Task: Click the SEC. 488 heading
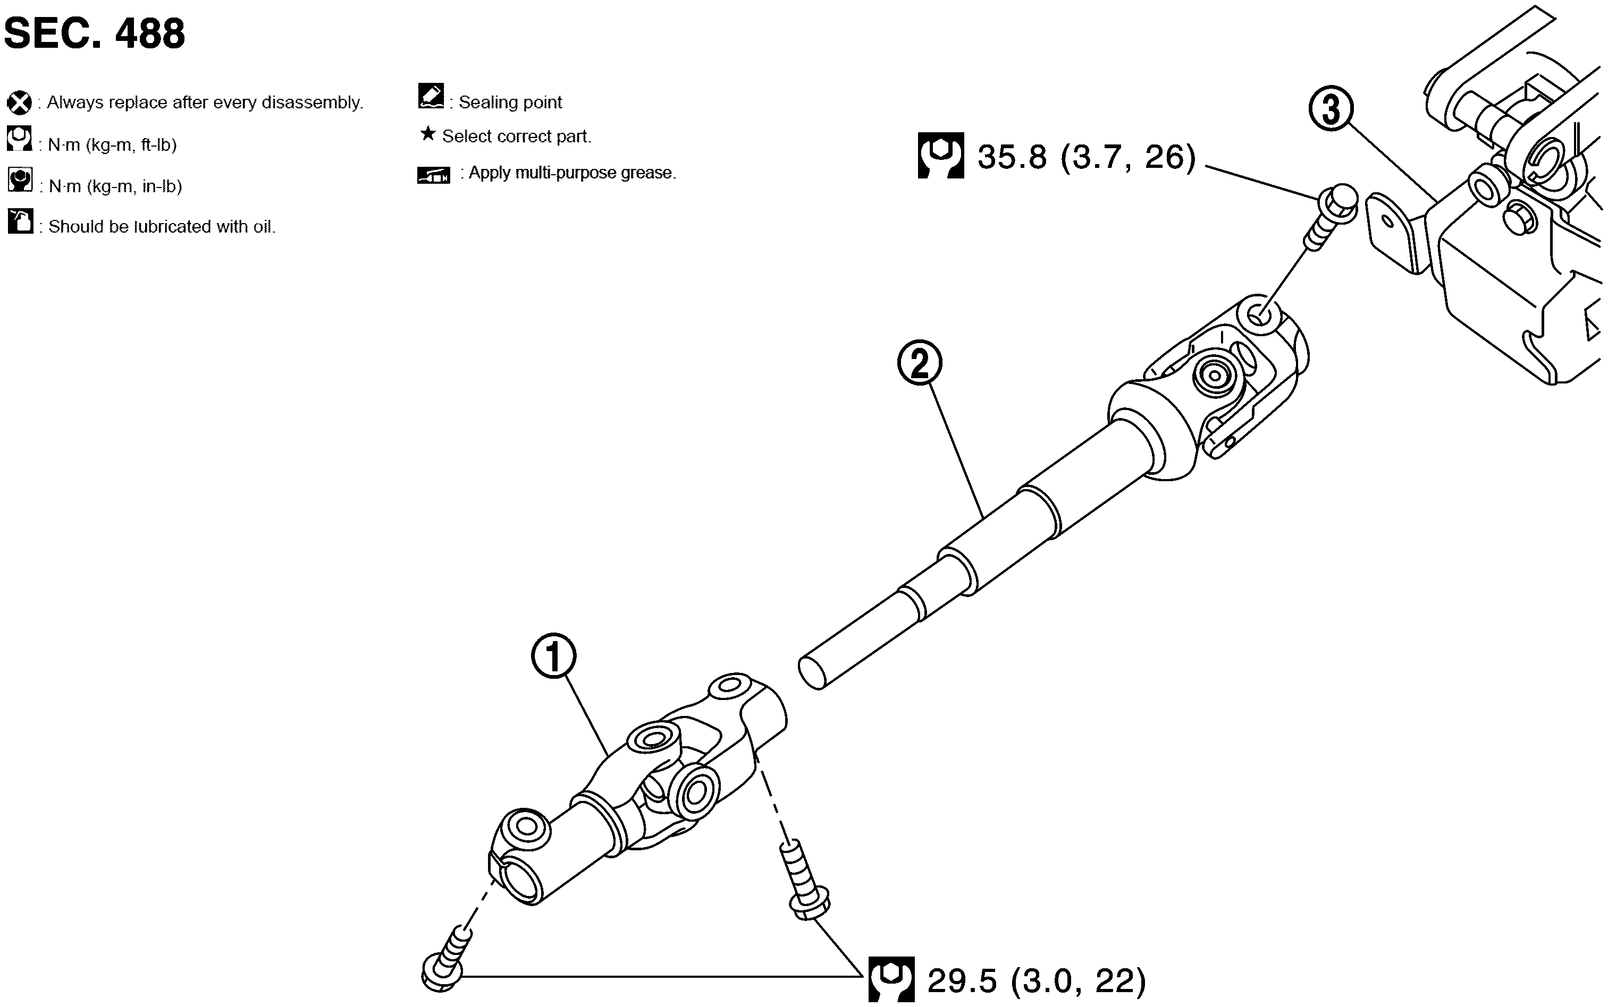click(x=95, y=33)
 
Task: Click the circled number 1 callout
click(x=554, y=656)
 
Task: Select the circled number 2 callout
click(x=920, y=363)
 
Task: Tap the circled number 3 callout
click(x=1331, y=109)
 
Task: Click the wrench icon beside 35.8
click(x=940, y=156)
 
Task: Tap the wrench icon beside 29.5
click(x=891, y=979)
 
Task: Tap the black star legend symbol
click(x=428, y=134)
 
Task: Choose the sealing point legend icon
click(x=431, y=96)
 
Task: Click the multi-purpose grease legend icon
click(x=434, y=175)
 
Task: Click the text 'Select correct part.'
click(x=517, y=136)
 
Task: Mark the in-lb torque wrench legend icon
click(x=20, y=180)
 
